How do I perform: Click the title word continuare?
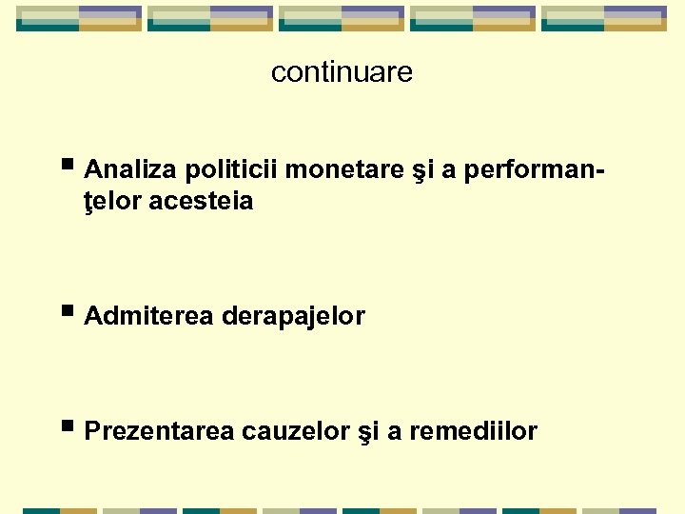click(342, 72)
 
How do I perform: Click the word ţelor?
click(113, 202)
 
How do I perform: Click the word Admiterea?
click(149, 316)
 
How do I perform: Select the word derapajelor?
click(293, 316)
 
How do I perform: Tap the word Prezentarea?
click(159, 431)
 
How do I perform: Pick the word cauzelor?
click(296, 431)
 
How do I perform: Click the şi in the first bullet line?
click(416, 171)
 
